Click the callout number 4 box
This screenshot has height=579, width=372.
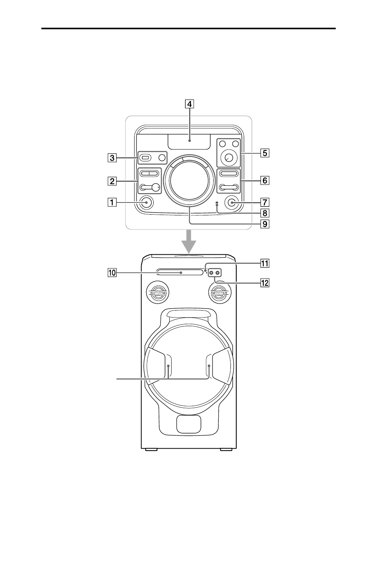click(190, 104)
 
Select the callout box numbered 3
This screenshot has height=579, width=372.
click(112, 158)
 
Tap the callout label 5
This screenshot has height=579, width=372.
click(265, 153)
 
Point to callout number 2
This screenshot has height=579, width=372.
click(112, 181)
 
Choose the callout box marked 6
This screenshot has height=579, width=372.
click(265, 180)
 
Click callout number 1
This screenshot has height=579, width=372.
click(112, 202)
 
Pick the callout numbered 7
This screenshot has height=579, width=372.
click(265, 202)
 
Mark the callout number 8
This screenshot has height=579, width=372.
click(265, 213)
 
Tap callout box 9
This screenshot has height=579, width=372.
click(265, 224)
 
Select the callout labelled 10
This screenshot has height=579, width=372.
click(112, 272)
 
